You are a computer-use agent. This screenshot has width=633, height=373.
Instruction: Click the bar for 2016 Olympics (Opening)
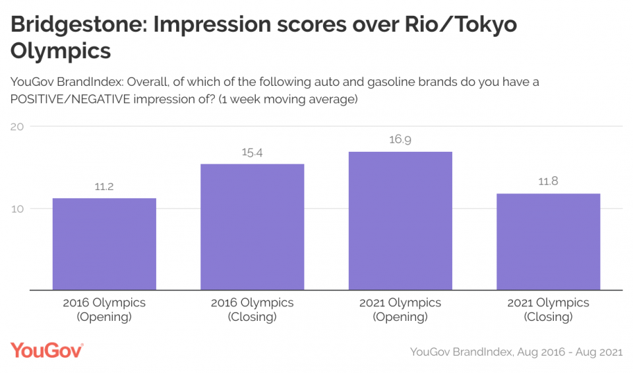(x=104, y=244)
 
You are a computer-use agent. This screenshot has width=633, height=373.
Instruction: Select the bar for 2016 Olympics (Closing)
(x=253, y=226)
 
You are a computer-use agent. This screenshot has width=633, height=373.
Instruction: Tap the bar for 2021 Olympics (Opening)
(x=400, y=220)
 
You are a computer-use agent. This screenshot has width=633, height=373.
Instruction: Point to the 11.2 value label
(x=104, y=187)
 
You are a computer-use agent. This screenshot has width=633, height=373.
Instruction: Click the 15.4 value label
(x=253, y=153)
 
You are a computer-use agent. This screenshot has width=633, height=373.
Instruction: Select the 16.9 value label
(x=400, y=140)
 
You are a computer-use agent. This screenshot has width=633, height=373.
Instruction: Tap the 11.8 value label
(x=548, y=182)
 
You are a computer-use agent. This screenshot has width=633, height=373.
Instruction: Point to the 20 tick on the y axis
(x=18, y=127)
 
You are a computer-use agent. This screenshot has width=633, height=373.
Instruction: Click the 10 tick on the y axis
(x=18, y=209)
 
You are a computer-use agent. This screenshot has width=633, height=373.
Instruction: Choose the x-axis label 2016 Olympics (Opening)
(x=104, y=310)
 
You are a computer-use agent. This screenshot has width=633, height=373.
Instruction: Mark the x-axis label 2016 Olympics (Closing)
(x=253, y=310)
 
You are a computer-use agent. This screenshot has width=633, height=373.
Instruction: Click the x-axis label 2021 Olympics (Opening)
(x=400, y=310)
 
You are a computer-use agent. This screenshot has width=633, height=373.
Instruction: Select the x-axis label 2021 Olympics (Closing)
(x=548, y=310)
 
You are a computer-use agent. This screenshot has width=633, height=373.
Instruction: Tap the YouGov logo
(x=47, y=351)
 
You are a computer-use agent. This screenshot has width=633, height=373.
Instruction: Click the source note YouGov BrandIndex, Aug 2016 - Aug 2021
(x=516, y=352)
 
